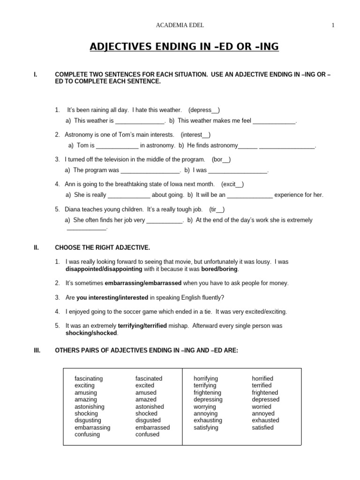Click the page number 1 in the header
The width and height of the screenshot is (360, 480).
[x=333, y=26]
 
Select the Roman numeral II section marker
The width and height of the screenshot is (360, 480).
[x=37, y=247]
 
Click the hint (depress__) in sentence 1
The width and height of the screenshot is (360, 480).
[x=203, y=110]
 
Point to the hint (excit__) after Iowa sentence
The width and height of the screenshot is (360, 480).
[x=232, y=184]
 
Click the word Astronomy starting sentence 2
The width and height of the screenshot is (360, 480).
[x=80, y=135]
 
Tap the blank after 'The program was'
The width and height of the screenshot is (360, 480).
[x=150, y=171]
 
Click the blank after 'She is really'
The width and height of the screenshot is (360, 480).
[x=129, y=195]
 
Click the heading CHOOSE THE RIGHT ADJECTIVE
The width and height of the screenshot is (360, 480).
[x=103, y=247]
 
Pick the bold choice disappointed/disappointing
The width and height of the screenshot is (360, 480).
[x=104, y=269]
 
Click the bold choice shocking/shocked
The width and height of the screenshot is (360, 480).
[x=91, y=333]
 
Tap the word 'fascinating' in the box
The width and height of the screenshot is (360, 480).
[x=89, y=378]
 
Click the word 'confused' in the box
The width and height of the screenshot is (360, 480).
[x=147, y=435]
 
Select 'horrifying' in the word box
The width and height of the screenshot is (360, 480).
[x=206, y=378]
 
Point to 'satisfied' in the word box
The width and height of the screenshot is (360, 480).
[x=262, y=427]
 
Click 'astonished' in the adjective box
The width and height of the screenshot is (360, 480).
[x=150, y=406]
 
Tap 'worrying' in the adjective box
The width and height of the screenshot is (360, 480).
[x=205, y=406]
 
